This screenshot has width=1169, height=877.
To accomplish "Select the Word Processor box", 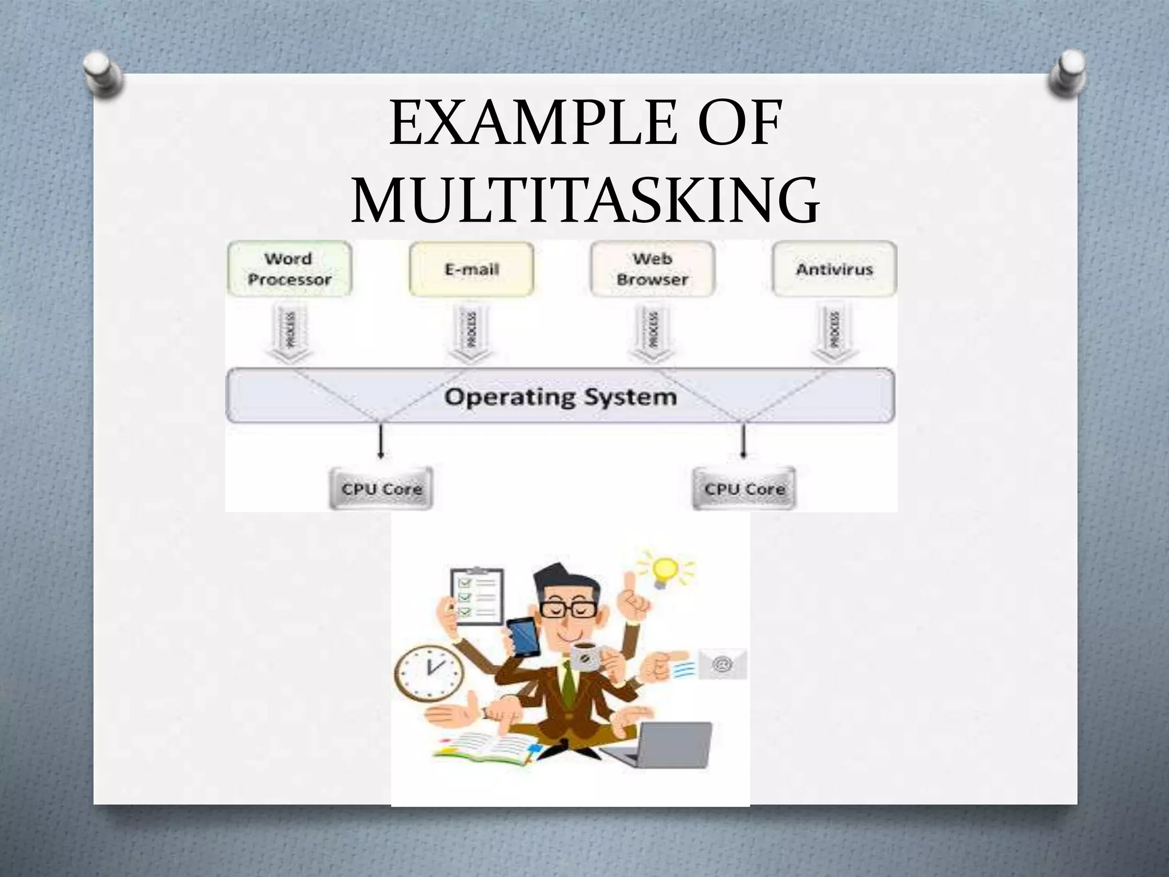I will [x=289, y=269].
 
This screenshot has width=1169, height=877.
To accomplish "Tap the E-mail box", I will [x=471, y=269].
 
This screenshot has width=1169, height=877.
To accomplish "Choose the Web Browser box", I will [x=652, y=269].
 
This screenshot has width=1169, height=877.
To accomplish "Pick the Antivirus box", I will [x=834, y=269].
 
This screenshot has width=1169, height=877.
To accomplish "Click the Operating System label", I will [x=561, y=396].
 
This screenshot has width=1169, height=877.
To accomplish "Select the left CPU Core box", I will [x=381, y=489].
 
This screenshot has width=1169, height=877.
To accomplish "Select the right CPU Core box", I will [x=744, y=489].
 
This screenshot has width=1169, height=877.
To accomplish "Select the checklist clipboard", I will [x=477, y=597].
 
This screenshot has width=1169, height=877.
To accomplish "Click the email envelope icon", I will [x=723, y=664].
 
